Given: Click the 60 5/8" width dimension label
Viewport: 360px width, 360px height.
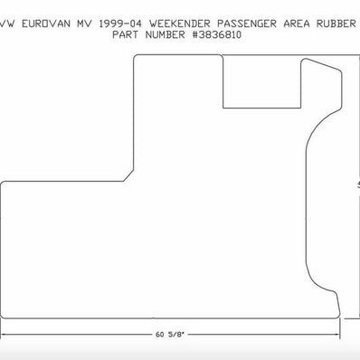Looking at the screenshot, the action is coord(172,335).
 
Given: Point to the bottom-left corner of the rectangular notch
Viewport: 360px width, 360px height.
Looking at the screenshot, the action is coord(223,107).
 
